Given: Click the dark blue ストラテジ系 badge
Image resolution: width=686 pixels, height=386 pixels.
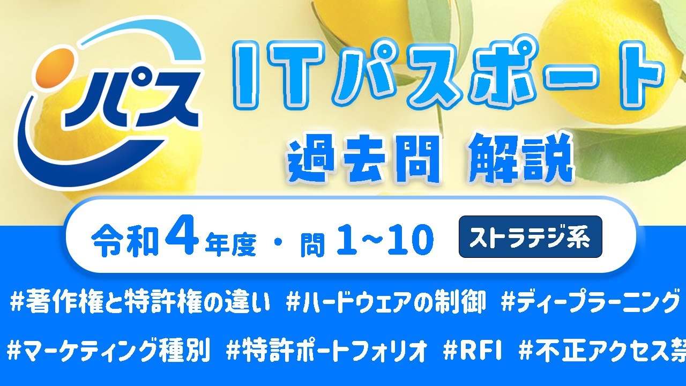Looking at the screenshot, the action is (x=531, y=237).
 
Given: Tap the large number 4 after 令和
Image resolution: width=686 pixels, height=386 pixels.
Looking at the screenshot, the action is (x=182, y=239).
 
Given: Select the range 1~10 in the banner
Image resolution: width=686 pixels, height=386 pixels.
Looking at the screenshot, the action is (x=385, y=240).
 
